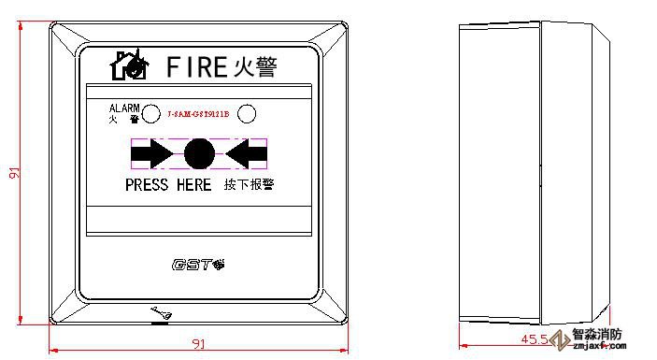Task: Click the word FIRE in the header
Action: pos(196,67)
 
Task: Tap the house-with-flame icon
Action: pos(129,65)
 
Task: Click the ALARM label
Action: pos(124,108)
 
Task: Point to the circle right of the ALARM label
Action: pos(154,114)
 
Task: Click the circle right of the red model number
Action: pos(247,114)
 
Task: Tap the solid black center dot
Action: pos(198,153)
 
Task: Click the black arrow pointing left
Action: pos(246,153)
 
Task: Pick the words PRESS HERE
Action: pos(168,185)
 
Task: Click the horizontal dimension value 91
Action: pos(198,343)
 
